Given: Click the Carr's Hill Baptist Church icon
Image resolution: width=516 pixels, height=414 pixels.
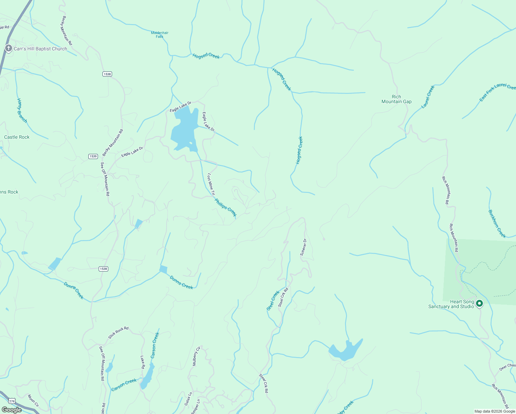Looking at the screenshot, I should click(x=9, y=49).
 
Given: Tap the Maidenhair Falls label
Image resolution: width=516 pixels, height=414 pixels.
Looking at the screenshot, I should click(x=160, y=34).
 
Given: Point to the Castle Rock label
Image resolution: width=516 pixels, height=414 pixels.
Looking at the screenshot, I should click(x=17, y=137).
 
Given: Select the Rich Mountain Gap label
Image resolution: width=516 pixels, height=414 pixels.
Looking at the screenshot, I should click(x=396, y=99).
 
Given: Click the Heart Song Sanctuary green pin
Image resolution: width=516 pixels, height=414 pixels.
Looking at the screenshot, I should click(x=479, y=304).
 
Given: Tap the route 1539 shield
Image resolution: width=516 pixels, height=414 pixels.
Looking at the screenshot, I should click(x=93, y=156).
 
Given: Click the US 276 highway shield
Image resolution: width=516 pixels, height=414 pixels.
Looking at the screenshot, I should click(x=12, y=401).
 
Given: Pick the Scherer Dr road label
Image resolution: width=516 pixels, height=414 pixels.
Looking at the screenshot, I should click(x=303, y=247).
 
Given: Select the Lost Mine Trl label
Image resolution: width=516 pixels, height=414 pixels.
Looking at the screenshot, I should click(x=211, y=184).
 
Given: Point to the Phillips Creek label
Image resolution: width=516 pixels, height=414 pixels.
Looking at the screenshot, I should click(x=226, y=207).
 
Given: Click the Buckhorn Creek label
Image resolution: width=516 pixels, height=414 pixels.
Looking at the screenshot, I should click(x=497, y=224).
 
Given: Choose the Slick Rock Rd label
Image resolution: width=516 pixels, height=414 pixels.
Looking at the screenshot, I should click(x=118, y=333).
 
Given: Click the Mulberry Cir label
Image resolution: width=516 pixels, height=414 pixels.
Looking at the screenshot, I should click(x=196, y=356).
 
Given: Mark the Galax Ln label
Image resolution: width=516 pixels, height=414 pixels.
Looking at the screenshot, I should click(x=188, y=398).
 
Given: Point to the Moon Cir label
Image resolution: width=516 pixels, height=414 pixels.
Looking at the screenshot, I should click(x=33, y=401).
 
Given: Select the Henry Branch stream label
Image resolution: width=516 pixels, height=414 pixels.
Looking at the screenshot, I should click(x=22, y=110).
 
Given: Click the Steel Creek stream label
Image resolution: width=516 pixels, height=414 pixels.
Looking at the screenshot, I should click(x=273, y=300).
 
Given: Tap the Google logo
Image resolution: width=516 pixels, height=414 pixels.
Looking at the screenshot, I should click(x=11, y=410).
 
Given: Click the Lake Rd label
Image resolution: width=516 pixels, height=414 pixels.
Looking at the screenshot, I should click(x=142, y=362).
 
